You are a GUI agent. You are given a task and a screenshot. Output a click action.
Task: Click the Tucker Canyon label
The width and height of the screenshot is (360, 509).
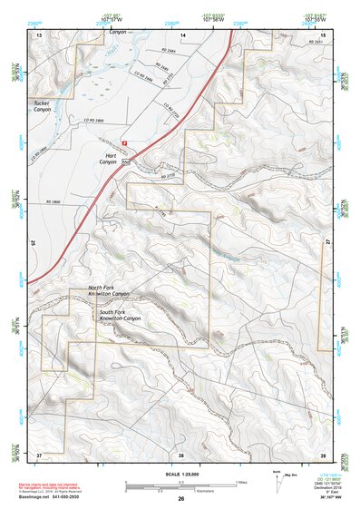point(44,106)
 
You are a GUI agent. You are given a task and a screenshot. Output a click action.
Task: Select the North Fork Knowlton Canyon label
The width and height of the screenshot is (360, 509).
point(109,292)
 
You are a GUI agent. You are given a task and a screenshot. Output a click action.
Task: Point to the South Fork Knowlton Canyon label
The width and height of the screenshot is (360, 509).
point(120,315)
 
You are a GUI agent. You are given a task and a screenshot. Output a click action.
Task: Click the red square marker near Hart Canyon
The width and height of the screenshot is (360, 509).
point(125,142)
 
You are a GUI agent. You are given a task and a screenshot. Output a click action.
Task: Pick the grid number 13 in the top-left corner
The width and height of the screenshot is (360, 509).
point(39,34)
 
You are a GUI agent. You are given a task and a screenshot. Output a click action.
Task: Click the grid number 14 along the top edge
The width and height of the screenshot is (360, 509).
point(182,34)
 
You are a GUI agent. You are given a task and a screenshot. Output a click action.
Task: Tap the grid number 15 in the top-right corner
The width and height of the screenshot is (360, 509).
point(322,34)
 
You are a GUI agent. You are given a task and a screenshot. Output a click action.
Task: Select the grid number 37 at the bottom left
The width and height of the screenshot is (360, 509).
point(39,454)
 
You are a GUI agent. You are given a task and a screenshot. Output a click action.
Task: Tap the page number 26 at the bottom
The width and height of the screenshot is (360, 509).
point(180,499)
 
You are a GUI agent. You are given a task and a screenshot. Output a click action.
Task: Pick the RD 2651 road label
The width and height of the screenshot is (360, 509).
point(314,43)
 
